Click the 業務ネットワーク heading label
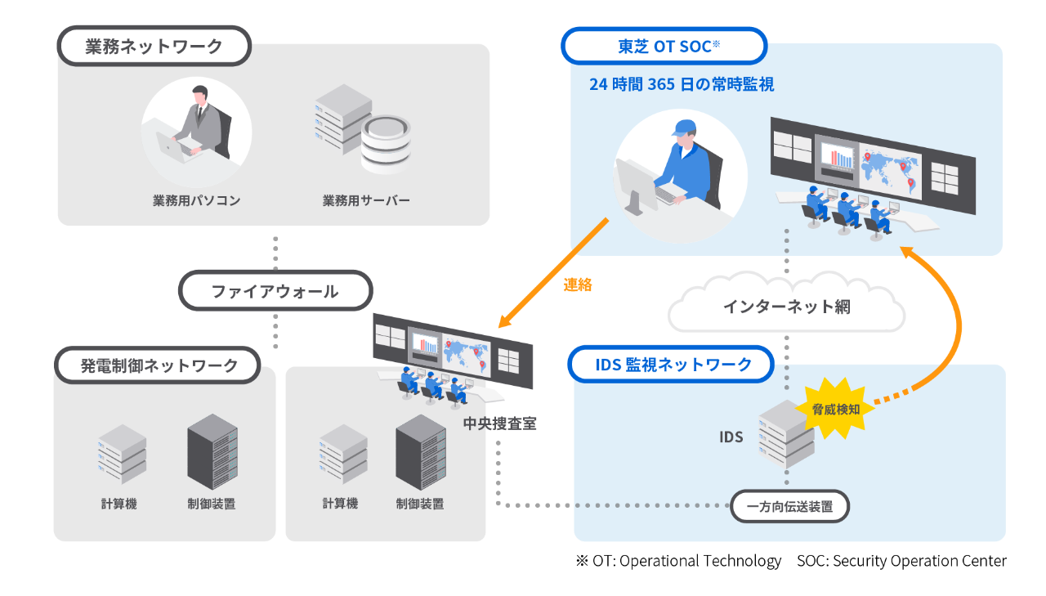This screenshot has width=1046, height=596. (154, 47)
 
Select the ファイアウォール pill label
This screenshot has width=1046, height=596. (275, 291)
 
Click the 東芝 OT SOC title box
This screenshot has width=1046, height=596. (664, 46)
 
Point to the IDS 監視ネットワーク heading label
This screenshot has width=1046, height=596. (672, 365)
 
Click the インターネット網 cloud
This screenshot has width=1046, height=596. (786, 307)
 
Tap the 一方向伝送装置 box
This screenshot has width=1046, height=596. (789, 507)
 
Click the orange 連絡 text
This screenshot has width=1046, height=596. (578, 285)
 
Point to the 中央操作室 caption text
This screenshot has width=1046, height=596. (499, 423)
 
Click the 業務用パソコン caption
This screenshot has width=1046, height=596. (196, 200)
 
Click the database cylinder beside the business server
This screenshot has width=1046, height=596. (386, 146)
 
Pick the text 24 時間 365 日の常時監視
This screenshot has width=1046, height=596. (681, 84)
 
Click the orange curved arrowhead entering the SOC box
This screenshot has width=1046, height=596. (907, 252)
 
